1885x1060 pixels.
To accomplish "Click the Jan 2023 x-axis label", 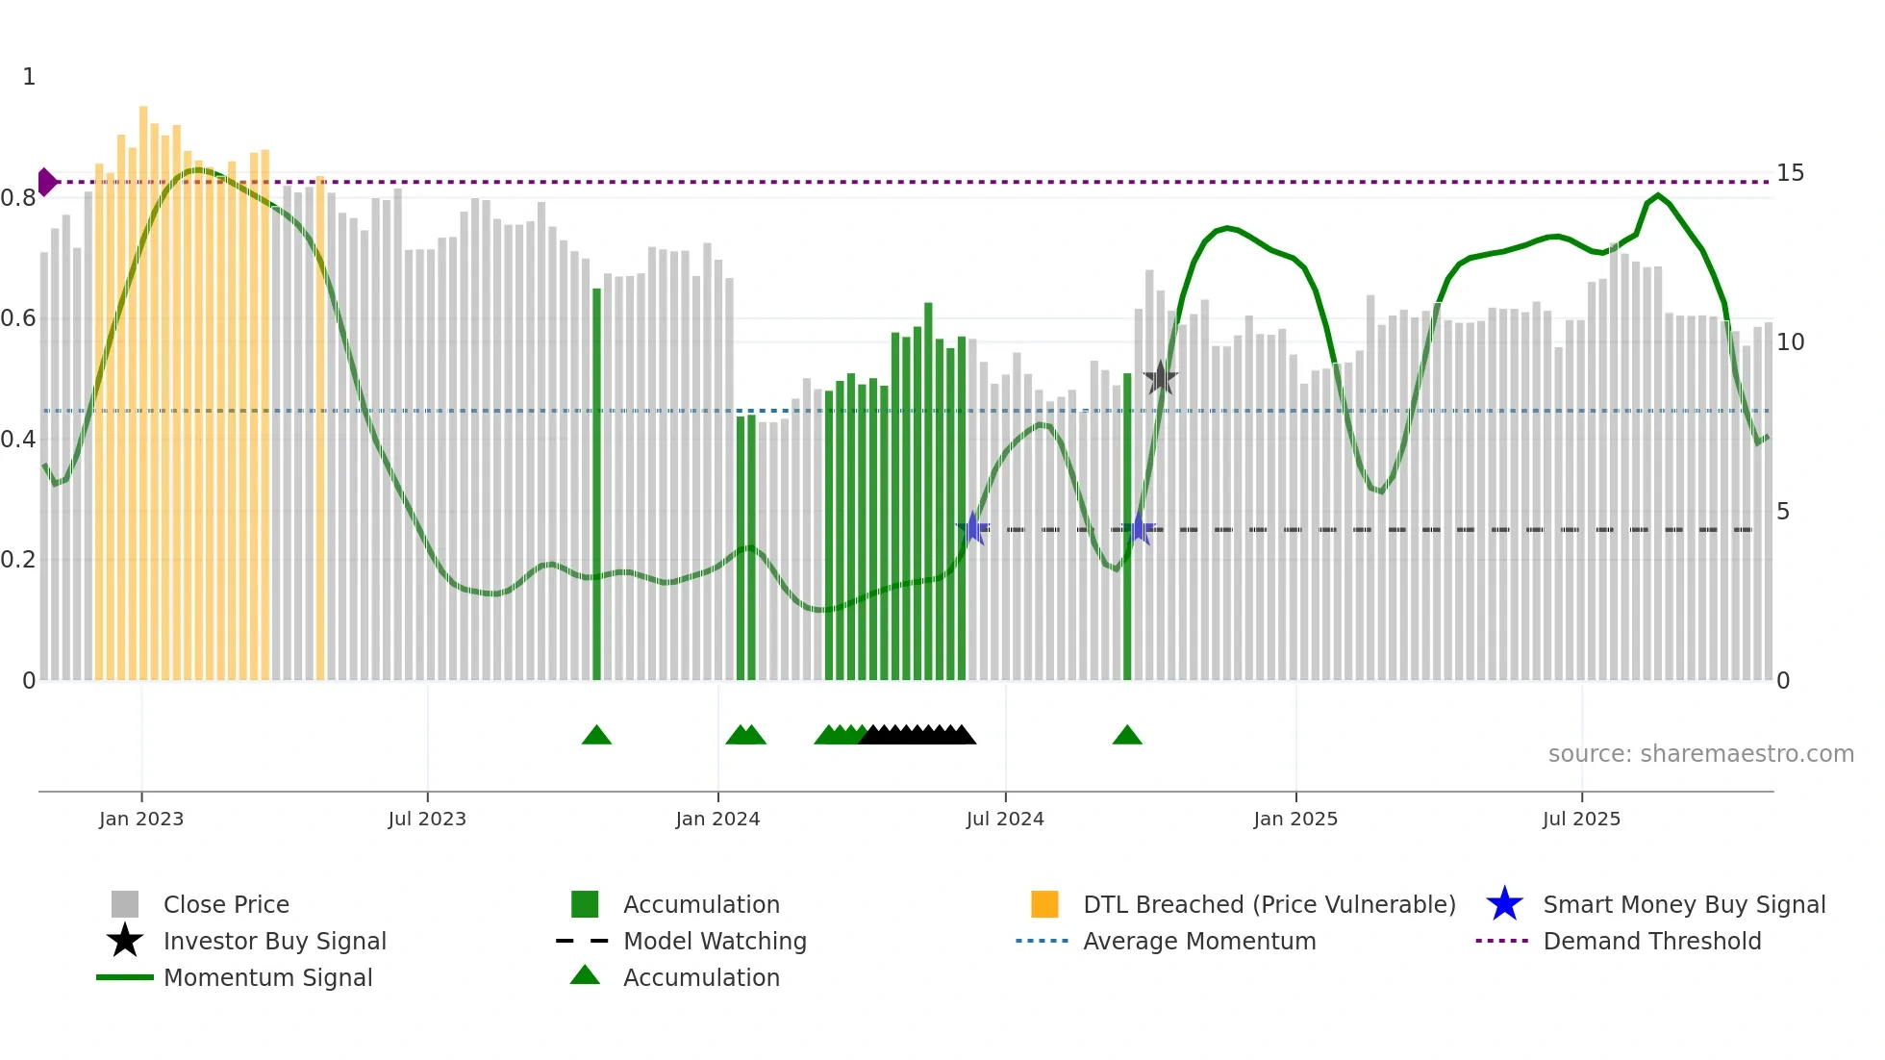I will click(141, 819).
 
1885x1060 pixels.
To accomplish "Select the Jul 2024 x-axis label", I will click(1005, 819).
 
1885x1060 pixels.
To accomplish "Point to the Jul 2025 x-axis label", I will click(1581, 819).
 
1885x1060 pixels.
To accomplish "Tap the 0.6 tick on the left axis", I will click(18, 318).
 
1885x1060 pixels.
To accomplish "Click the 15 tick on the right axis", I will click(1790, 173).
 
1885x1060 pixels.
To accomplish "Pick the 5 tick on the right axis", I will click(1783, 512).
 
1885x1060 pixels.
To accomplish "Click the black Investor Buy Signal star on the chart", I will click(1161, 378).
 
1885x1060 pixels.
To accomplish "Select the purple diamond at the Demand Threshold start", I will click(46, 182).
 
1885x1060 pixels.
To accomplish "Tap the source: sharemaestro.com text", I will click(1700, 754).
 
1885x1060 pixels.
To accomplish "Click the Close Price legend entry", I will click(226, 905).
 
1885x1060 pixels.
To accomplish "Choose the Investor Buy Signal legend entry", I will click(274, 942).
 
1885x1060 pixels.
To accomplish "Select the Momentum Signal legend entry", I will click(267, 978).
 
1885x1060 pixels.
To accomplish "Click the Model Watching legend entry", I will click(715, 942).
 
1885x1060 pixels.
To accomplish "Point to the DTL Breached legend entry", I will click(1269, 905).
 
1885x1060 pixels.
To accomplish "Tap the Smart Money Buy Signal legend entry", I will click(1684, 905).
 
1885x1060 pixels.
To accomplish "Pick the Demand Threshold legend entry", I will click(1651, 942).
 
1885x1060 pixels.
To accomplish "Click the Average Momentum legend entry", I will click(1199, 942).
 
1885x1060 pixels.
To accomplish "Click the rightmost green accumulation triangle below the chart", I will click(1127, 736).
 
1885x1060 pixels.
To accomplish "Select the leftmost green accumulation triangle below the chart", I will click(596, 736).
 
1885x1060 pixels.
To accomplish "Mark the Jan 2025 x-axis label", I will click(1295, 819).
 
